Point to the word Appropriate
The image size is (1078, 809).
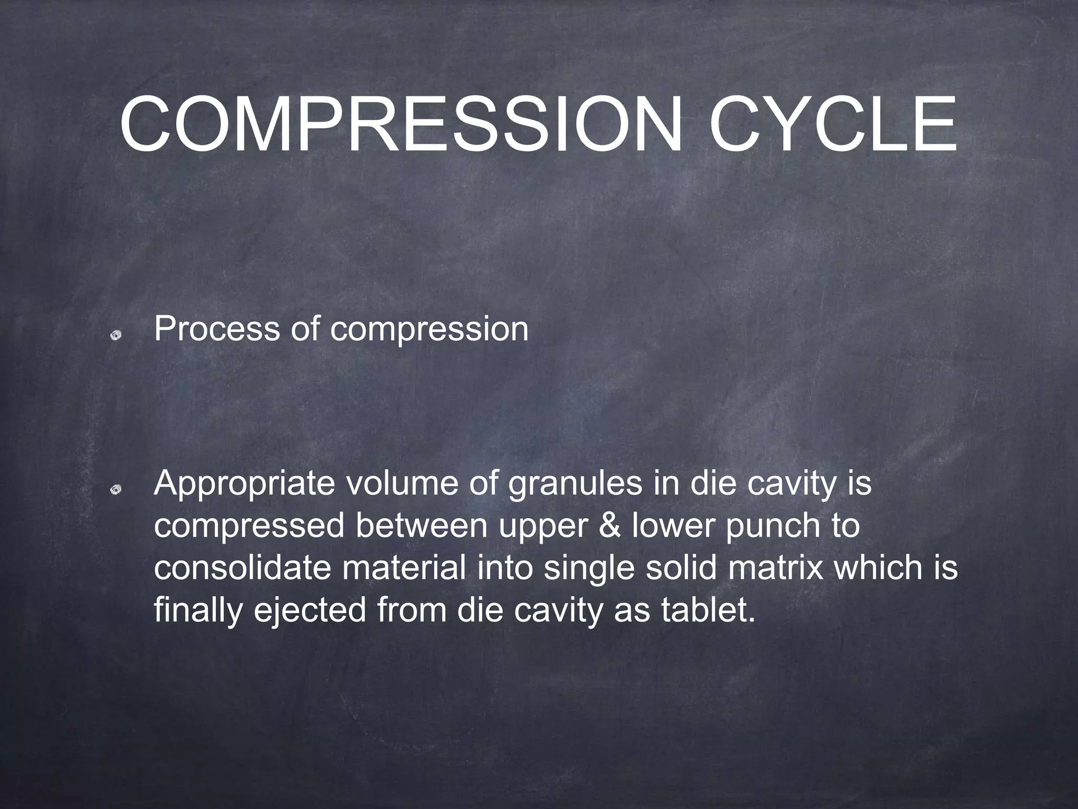tap(244, 485)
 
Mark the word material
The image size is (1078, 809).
tap(404, 568)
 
